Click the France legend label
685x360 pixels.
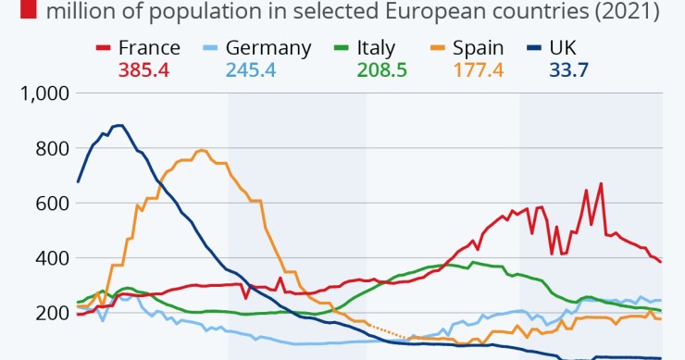pyautogui.click(x=150, y=48)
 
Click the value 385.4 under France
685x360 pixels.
pyautogui.click(x=144, y=69)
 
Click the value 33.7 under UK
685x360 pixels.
pyautogui.click(x=558, y=69)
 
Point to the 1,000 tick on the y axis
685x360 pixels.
pyautogui.click(x=45, y=93)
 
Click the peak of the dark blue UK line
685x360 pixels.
pyautogui.click(x=118, y=125)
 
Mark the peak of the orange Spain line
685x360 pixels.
pyautogui.click(x=201, y=150)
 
